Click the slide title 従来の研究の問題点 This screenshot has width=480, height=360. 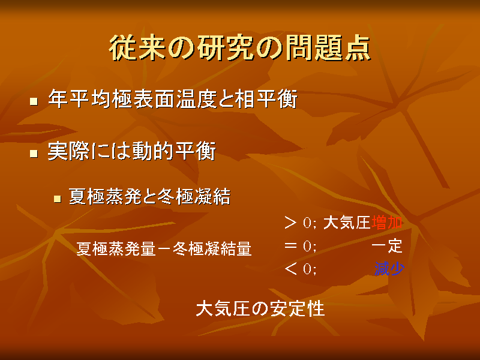point(239,48)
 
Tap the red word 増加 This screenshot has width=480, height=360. point(386,223)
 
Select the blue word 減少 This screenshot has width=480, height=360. point(389,269)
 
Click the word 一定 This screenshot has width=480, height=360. point(387,246)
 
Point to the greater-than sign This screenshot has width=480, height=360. point(290,223)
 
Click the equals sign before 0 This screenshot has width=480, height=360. point(290,245)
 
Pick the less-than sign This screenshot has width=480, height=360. point(290,269)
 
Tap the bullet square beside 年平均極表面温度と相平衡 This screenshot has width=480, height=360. point(34,101)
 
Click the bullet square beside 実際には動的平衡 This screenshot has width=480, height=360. point(34,153)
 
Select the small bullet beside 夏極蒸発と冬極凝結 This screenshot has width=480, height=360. point(57,199)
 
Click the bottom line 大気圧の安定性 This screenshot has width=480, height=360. point(260,308)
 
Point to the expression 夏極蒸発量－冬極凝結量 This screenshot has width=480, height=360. point(164,248)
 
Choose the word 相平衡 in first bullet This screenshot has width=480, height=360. point(266,99)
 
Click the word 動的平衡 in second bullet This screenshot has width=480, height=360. point(174,151)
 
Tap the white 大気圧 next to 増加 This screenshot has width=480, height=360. point(347,223)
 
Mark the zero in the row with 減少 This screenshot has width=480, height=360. point(307,269)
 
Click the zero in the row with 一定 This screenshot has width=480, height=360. point(307,246)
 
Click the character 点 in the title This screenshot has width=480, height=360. point(358,48)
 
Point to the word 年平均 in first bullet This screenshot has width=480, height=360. point(80,99)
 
